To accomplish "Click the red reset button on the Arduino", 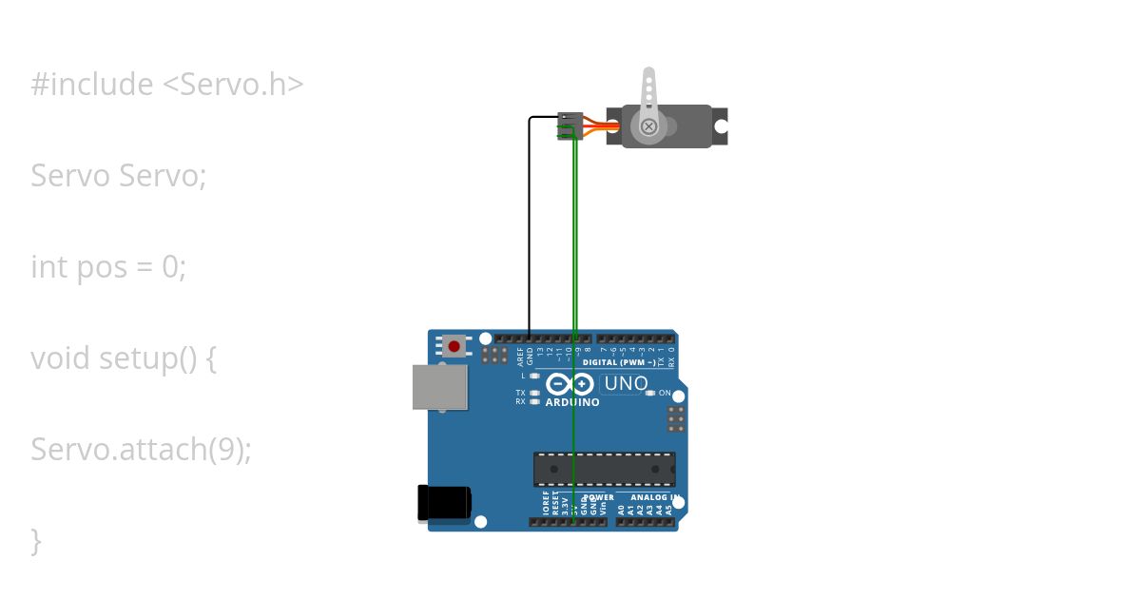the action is (x=454, y=346).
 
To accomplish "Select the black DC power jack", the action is (x=444, y=503).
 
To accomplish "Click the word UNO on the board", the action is (x=626, y=384).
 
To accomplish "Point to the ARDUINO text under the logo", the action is (x=572, y=402).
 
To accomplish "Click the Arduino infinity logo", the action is (x=570, y=384).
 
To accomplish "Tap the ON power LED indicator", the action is (x=650, y=393).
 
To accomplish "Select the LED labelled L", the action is (x=534, y=376).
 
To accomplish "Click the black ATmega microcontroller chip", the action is (x=604, y=470).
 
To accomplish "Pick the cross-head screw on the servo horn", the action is (x=648, y=126).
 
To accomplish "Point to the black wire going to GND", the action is (x=529, y=228).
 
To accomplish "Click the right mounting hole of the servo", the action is (x=721, y=126).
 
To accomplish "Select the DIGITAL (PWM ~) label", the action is (x=618, y=363).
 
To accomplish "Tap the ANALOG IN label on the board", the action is (x=650, y=497).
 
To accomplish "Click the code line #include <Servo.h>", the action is (x=167, y=85).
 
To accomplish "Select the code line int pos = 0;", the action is (x=108, y=267).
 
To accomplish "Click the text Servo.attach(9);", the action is (x=141, y=449).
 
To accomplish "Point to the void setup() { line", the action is (x=124, y=358).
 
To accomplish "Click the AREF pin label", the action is (x=520, y=356).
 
